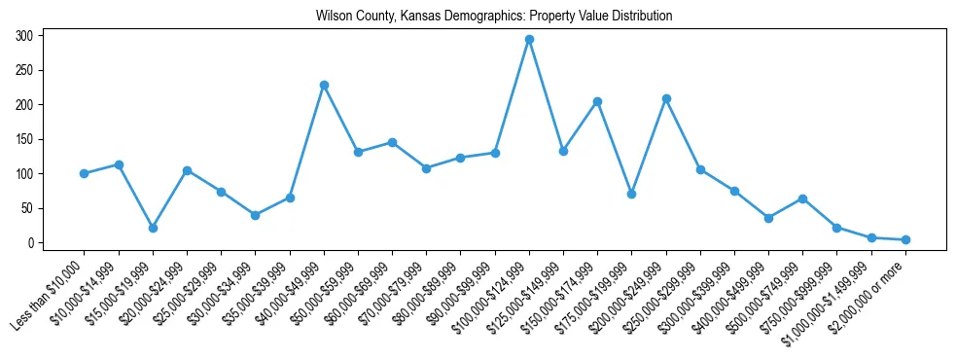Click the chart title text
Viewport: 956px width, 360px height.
(493, 17)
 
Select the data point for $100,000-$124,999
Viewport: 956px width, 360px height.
(529, 40)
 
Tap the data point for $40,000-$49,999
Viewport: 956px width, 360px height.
(324, 85)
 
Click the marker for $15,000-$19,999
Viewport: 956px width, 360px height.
(153, 228)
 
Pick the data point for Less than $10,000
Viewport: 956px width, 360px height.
(85, 173)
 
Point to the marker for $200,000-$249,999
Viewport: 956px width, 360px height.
(666, 98)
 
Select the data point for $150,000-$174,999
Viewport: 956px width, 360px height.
(597, 101)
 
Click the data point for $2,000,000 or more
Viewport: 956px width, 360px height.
(905, 239)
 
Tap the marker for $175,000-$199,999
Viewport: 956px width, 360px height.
(631, 194)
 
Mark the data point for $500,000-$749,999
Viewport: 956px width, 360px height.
(802, 198)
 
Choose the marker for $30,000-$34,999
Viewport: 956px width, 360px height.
(255, 215)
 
